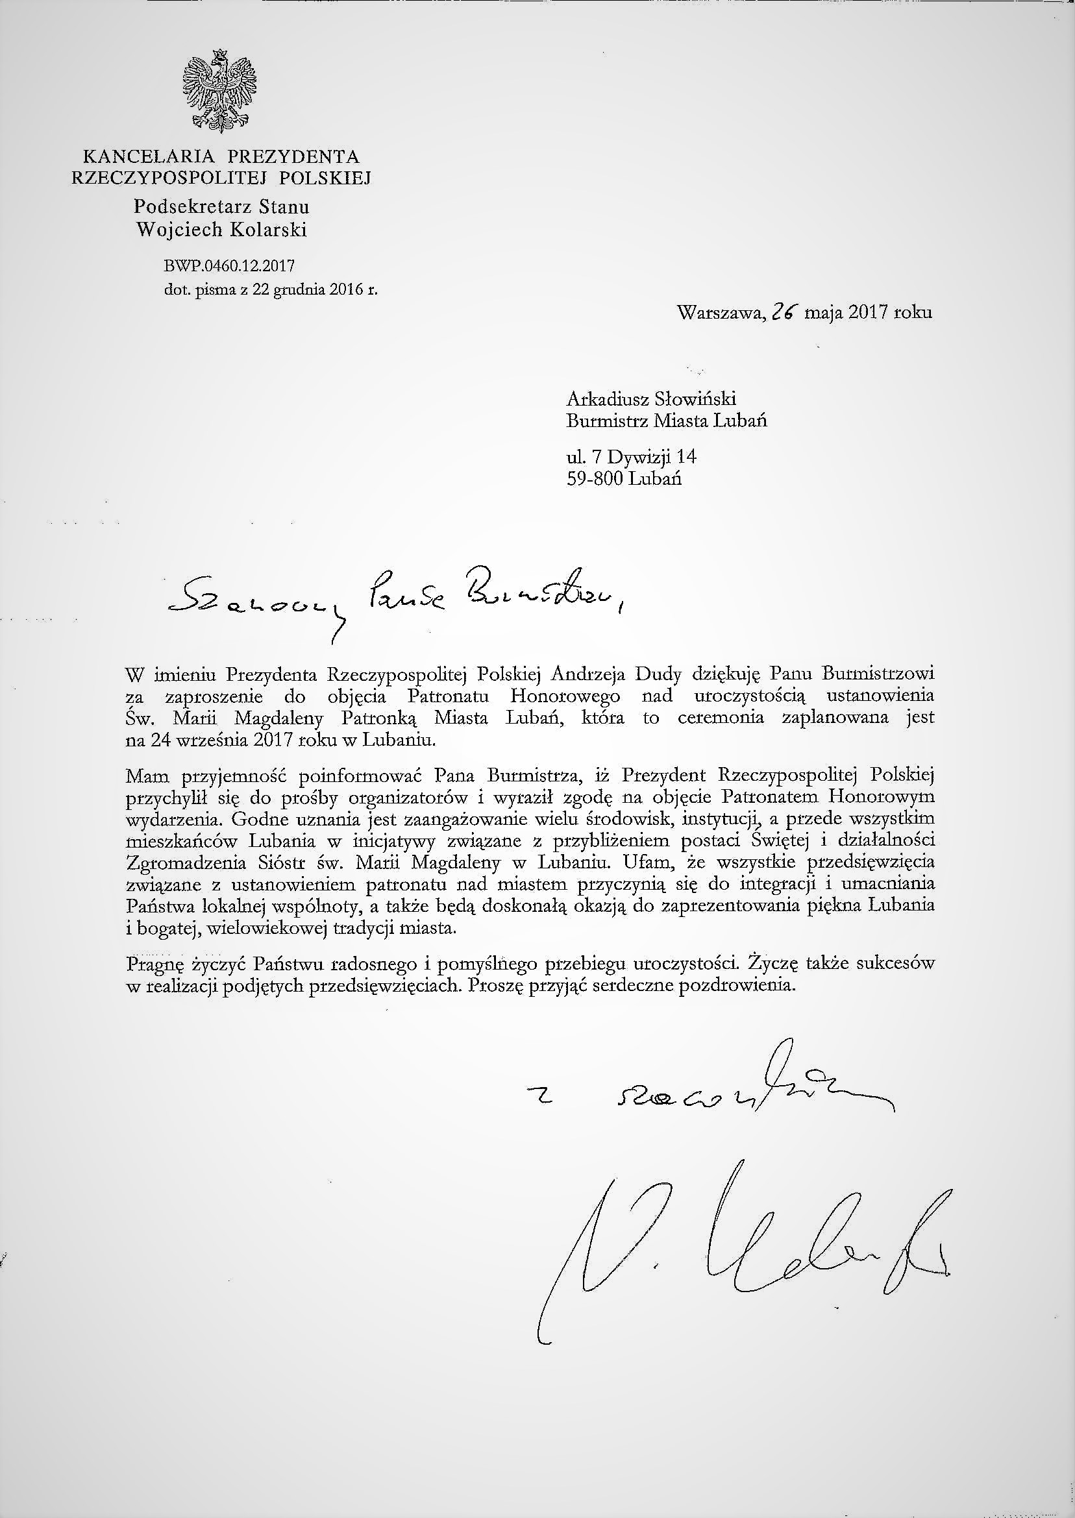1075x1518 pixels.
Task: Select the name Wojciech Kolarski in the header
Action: (x=221, y=230)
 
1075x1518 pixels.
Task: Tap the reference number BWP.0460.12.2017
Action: (x=229, y=266)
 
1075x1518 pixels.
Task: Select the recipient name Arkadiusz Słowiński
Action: (x=651, y=399)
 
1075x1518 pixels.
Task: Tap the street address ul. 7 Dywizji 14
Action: (x=632, y=457)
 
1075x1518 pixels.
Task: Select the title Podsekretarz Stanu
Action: (x=222, y=206)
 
